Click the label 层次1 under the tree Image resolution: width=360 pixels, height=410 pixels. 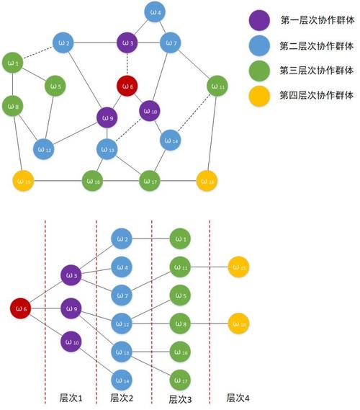[72, 397]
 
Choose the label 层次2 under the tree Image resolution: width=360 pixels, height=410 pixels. [123, 397]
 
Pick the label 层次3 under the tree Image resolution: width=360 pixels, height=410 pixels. [181, 398]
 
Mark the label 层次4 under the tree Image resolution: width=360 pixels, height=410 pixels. [239, 397]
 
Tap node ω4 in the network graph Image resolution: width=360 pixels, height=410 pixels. [155, 12]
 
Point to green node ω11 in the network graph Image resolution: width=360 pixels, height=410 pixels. [217, 86]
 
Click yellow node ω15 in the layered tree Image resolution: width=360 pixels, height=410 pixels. [238, 267]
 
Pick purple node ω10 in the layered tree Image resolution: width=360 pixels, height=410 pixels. [71, 341]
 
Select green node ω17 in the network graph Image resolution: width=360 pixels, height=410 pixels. [149, 178]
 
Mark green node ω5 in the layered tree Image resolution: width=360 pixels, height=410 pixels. [180, 295]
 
